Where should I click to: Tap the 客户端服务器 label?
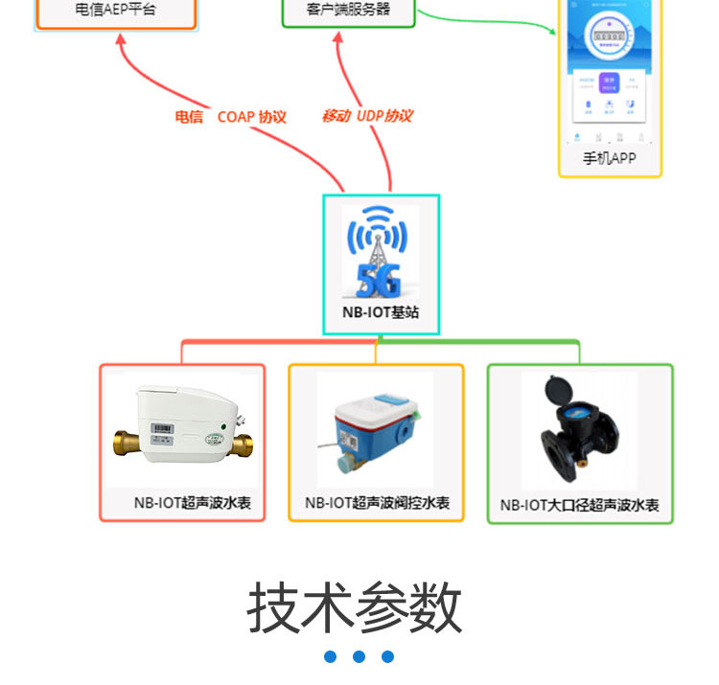[348, 10]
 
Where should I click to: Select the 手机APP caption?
[610, 158]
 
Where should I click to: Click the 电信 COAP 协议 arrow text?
[230, 117]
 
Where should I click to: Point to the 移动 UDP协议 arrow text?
[366, 116]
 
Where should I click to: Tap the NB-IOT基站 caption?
[381, 312]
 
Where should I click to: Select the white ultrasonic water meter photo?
[182, 427]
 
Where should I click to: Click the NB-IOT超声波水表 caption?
[192, 502]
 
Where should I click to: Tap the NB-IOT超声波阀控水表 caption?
[377, 503]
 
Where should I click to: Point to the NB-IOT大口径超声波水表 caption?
[580, 505]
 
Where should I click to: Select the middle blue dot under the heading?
[359, 657]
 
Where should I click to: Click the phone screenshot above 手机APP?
[610, 72]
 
